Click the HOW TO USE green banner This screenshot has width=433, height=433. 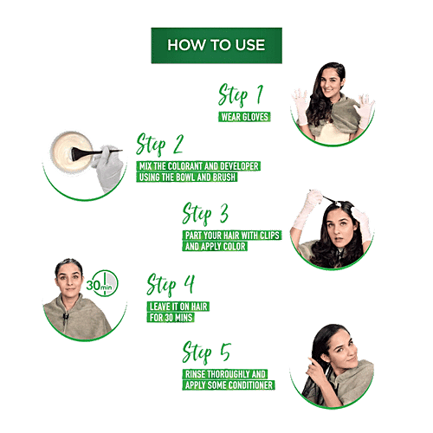[216, 45]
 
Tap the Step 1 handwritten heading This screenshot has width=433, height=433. [241, 94]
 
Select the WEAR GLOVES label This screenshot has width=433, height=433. [244, 117]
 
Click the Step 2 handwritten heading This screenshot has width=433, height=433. [159, 145]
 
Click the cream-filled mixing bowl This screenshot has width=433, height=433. [72, 152]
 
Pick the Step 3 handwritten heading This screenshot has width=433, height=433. [205, 214]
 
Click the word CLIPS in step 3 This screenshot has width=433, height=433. [269, 236]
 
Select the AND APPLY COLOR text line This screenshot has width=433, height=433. [215, 246]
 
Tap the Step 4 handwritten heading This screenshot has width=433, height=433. [171, 285]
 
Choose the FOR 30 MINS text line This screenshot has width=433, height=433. [171, 318]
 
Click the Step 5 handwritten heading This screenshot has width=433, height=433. [206, 352]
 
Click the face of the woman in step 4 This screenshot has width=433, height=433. [69, 280]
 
